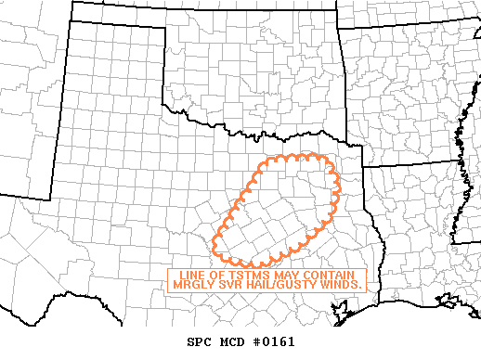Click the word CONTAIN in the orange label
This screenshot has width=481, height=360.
(331, 275)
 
